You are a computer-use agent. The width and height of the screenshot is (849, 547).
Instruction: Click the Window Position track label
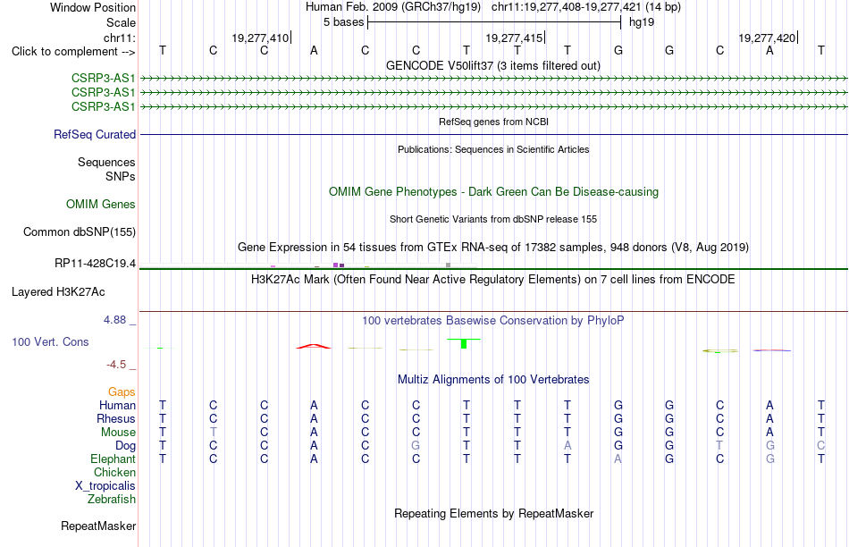pos(93,7)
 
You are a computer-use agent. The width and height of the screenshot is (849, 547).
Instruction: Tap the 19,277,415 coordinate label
pos(514,38)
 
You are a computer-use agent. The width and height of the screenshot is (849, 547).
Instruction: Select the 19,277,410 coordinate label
pos(260,38)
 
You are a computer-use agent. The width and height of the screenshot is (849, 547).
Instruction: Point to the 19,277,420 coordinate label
pos(767,38)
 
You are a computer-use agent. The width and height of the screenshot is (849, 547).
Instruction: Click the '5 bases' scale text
pos(343,22)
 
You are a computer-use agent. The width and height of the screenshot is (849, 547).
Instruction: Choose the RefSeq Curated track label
pos(95,134)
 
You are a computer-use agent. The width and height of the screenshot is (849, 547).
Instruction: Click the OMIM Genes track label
pos(101,204)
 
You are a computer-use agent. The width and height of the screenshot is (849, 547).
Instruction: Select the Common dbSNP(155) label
pos(80,231)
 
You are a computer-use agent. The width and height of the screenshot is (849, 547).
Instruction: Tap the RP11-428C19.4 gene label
pos(96,264)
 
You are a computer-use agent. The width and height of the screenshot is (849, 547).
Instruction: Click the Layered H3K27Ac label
pos(58,292)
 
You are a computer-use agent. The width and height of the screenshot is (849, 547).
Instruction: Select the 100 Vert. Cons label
pos(50,341)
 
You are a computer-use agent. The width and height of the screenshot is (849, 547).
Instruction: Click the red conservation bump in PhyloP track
pos(314,346)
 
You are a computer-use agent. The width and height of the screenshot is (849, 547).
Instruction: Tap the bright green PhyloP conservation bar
pos(464,343)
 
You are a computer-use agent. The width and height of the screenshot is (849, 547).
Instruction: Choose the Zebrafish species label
pos(112,499)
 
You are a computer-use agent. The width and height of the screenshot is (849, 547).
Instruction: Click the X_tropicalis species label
pos(105,486)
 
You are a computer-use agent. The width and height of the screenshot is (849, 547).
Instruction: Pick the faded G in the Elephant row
pos(770,459)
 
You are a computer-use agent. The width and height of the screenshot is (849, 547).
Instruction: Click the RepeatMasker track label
pos(98,526)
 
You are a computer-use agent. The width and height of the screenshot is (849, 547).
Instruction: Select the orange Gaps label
pos(122,392)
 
